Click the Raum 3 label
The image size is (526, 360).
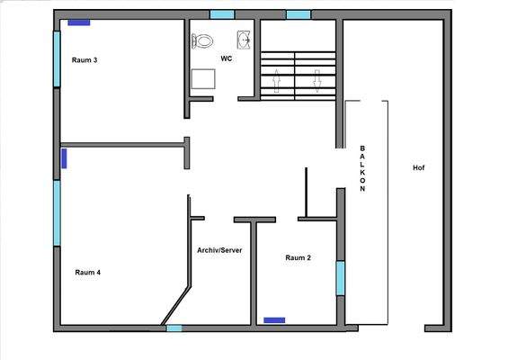coord(85,60)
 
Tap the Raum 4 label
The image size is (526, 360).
coord(87,272)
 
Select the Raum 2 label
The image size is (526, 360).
coord(298,257)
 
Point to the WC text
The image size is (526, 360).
coord(227,58)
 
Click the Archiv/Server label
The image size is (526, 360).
coord(219,250)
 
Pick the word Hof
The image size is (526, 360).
coord(418,168)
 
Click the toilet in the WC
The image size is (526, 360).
coord(204,40)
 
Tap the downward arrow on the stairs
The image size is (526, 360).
coord(316,79)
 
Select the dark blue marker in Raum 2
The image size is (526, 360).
coord(274,319)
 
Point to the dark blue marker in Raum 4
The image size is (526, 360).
coord(64,159)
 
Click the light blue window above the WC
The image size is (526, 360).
coord(222,14)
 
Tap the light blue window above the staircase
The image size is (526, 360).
coord(299,14)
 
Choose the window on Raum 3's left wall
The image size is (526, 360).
coord(57,59)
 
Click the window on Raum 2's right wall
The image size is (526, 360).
coord(340,277)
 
